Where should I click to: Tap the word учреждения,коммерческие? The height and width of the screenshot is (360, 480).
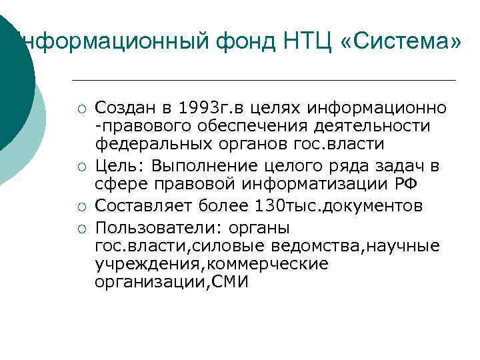[x=212, y=265]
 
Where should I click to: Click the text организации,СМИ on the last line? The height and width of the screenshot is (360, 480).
[x=171, y=282]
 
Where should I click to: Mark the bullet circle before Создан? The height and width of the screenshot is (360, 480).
[x=80, y=109]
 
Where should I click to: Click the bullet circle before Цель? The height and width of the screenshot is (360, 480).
[x=80, y=162]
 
